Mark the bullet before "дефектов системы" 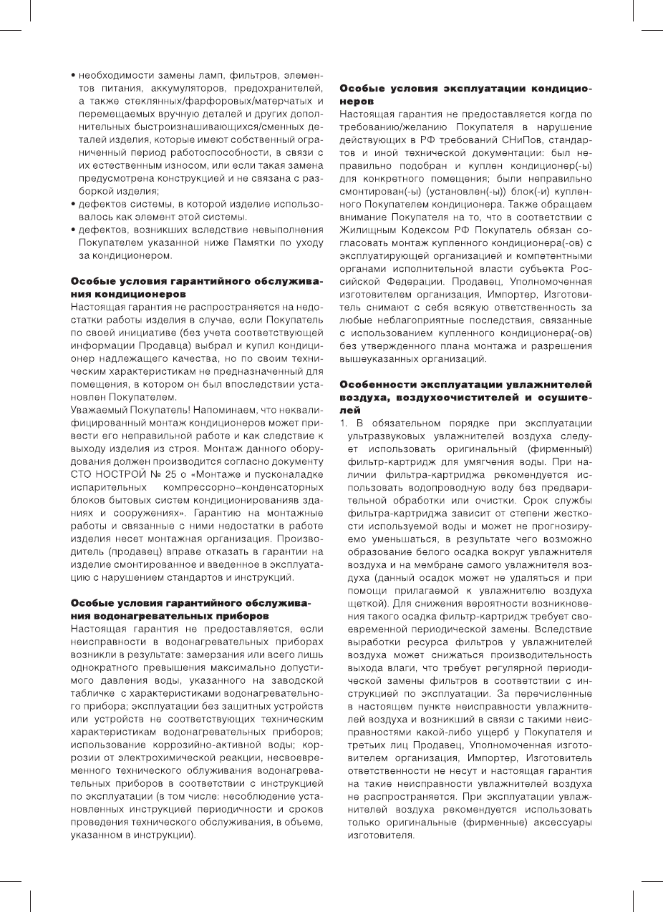pyautogui.click(x=74, y=205)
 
